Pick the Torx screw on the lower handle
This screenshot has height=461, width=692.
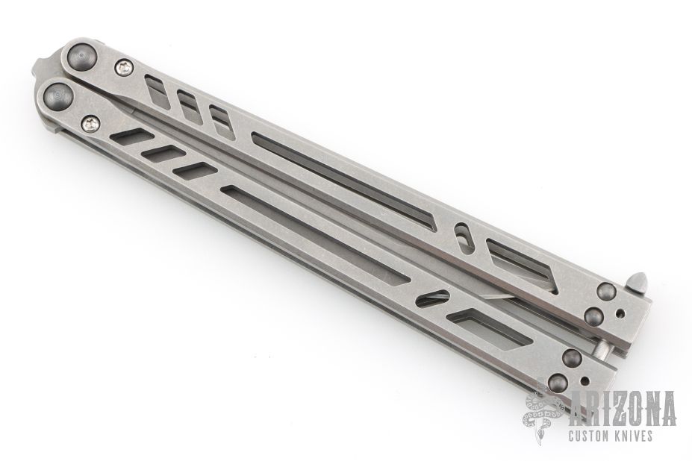tap(91, 124)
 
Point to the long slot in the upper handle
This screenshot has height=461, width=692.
tap(345, 182)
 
